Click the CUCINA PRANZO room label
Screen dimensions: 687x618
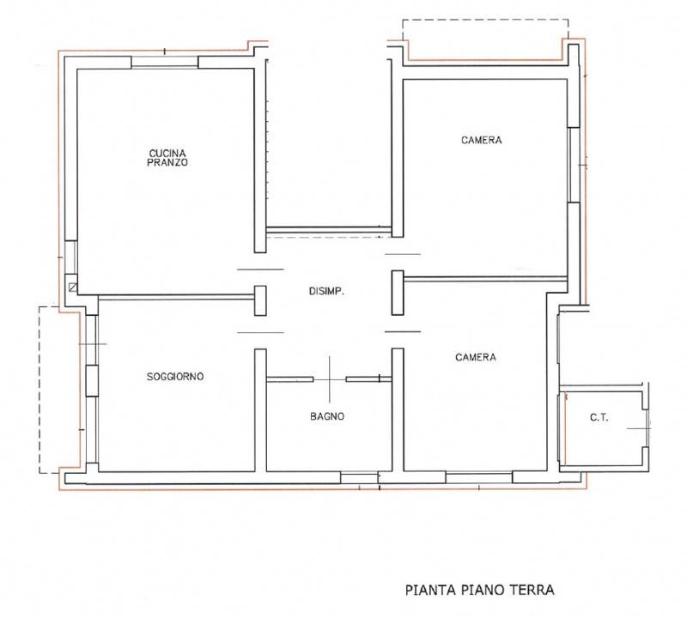[x=167, y=158]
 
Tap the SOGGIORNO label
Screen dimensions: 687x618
[x=175, y=376]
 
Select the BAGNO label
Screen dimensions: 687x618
[x=327, y=416]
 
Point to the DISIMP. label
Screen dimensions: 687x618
[x=326, y=291]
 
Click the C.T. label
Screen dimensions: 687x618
[x=599, y=417]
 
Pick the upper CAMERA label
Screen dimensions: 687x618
[x=482, y=140]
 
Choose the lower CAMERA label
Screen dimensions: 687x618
[x=476, y=357]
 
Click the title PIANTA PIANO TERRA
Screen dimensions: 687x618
[x=479, y=590]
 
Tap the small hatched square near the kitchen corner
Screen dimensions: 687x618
[x=73, y=288]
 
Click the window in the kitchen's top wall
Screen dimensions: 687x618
[x=165, y=62]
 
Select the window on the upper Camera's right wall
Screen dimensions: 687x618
[x=574, y=165]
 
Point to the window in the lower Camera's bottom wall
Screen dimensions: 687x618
[x=479, y=477]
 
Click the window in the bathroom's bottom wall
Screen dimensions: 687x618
[x=359, y=477]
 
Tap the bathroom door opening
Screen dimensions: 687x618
[x=330, y=379]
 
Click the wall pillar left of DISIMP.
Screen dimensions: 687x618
[x=260, y=300]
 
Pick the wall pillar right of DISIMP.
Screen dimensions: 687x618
[x=398, y=293]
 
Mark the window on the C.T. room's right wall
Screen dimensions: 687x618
[x=647, y=428]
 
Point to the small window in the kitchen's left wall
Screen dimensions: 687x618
[x=70, y=257]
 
